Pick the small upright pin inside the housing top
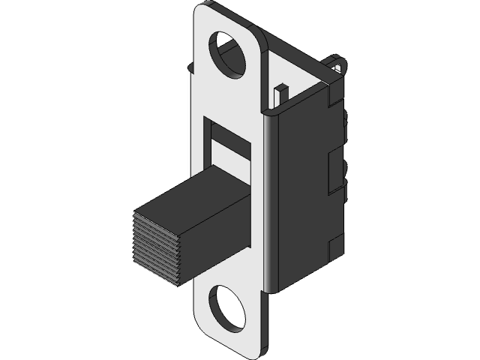pos(280,95)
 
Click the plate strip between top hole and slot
pos(229,94)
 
